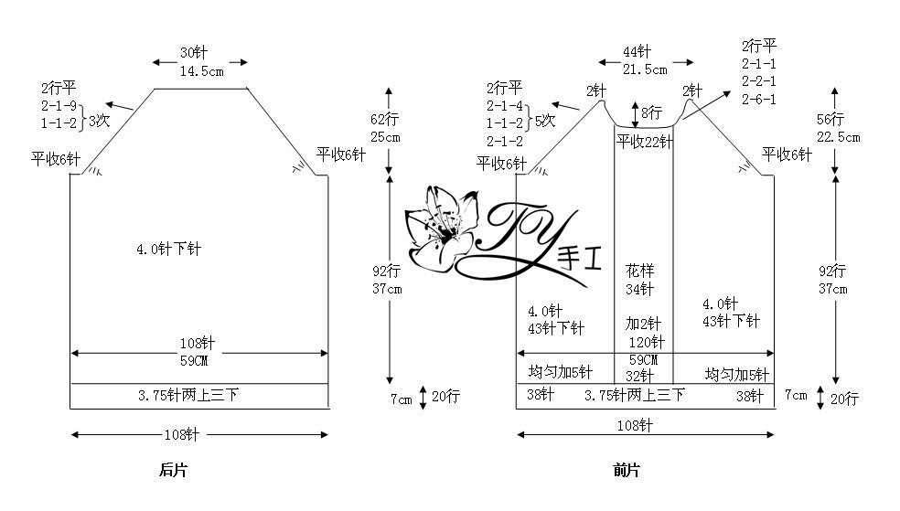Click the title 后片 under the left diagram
tap(174, 470)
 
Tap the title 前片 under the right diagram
tap(627, 470)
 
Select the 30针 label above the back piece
tap(194, 53)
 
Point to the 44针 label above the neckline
tap(637, 51)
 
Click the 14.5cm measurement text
tap(201, 71)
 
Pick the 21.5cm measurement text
tap(645, 70)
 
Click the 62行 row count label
tap(384, 119)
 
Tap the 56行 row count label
tap(830, 119)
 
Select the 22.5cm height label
tap(839, 138)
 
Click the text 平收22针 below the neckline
tap(645, 142)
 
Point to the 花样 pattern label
tap(640, 270)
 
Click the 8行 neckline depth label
tap(652, 112)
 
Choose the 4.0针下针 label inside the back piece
tap(168, 249)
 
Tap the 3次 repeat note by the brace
tap(99, 121)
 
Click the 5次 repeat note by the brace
tap(545, 121)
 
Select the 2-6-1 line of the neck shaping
tap(759, 100)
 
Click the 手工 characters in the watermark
tap(580, 260)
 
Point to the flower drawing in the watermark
tap(441, 228)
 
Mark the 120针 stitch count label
tap(647, 343)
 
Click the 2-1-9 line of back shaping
tap(59, 106)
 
